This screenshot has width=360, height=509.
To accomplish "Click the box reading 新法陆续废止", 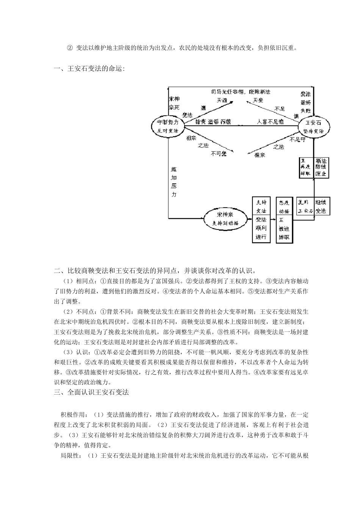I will [321, 167].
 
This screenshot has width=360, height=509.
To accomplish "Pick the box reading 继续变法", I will [321, 206].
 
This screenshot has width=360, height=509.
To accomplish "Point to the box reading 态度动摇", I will [284, 206].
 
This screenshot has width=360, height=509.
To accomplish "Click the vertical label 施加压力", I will [174, 181].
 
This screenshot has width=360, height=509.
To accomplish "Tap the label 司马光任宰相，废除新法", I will [241, 92].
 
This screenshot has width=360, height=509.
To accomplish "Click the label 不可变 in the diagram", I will [219, 153].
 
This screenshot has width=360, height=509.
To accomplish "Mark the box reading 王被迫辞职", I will [284, 229].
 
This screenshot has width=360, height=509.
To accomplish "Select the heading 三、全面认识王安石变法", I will [91, 392].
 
